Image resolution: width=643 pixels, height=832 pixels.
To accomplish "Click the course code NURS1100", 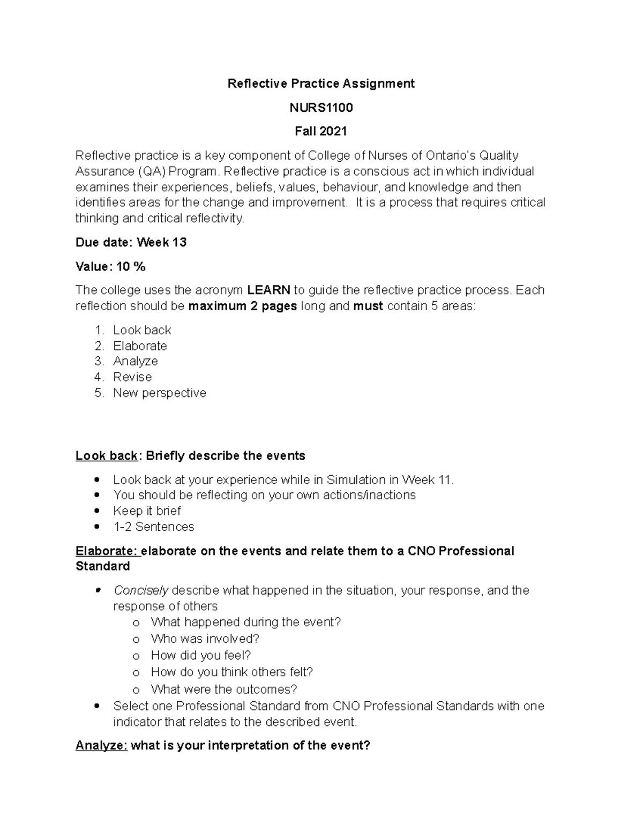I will (321, 108).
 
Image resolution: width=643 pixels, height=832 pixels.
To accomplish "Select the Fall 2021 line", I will (321, 131).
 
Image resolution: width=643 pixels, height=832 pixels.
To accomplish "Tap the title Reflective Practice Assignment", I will (321, 84).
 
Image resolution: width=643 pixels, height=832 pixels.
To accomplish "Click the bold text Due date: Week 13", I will (131, 243).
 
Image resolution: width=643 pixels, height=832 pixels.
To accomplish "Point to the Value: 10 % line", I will (110, 267).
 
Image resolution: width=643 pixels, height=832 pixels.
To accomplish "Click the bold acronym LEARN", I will (268, 290).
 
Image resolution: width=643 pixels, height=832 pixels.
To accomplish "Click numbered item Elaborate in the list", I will (140, 346).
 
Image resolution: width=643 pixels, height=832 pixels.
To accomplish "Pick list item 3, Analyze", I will (135, 362).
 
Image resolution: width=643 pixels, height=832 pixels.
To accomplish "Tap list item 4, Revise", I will (132, 377).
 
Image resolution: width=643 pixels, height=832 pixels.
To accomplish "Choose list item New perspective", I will (159, 393).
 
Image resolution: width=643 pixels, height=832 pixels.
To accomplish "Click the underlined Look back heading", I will (107, 456).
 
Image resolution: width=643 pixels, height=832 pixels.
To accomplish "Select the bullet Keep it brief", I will (147, 511).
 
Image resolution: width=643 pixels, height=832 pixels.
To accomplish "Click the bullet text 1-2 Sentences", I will (153, 527).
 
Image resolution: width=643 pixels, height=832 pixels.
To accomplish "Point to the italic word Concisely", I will (141, 590).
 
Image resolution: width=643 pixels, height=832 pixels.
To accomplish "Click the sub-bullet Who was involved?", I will (205, 639).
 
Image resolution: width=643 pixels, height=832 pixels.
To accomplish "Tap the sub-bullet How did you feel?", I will (200, 656).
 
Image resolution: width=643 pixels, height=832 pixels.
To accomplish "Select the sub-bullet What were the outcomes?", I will (223, 689).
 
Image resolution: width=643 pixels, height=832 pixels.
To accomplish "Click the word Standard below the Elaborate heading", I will (102, 567).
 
